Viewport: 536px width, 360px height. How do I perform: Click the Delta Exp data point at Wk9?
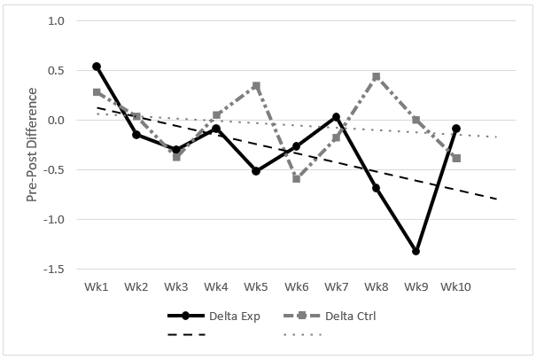click(x=416, y=251)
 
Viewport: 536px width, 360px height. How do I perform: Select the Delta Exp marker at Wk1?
click(x=97, y=67)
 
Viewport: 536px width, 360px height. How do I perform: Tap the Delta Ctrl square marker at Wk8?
click(x=376, y=76)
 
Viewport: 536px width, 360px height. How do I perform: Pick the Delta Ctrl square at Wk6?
click(x=296, y=178)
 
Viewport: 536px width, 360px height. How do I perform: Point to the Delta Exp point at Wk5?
click(x=256, y=170)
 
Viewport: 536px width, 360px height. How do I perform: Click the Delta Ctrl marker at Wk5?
click(x=256, y=86)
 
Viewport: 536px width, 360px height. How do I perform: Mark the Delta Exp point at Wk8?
click(x=376, y=188)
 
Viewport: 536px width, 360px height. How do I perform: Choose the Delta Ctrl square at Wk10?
click(x=455, y=158)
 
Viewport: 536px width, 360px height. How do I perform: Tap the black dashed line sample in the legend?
click(x=187, y=334)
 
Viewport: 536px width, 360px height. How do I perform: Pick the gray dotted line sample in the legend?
click(x=302, y=334)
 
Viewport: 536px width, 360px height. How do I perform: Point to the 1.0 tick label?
click(x=56, y=21)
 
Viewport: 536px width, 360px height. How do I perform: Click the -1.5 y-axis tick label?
click(x=54, y=269)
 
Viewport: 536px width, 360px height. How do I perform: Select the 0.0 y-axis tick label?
click(x=56, y=121)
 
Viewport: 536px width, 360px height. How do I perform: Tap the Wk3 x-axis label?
click(x=176, y=286)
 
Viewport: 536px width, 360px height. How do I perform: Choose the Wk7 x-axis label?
click(x=336, y=286)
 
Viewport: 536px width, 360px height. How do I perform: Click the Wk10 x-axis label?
click(x=455, y=286)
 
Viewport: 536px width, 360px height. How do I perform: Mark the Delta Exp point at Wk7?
click(x=336, y=117)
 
